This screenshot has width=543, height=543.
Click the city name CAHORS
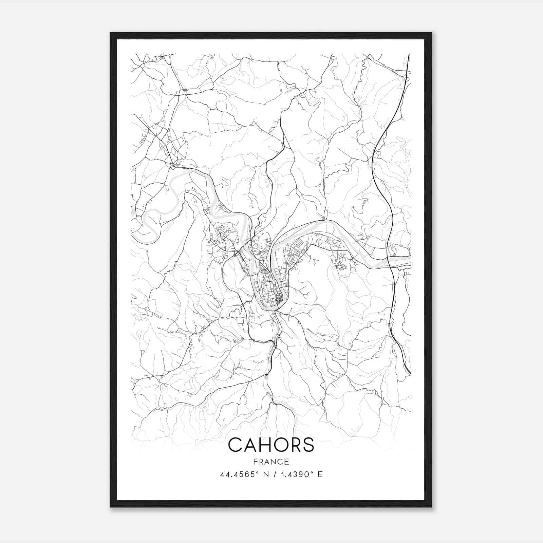271,445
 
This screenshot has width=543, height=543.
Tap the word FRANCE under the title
271,462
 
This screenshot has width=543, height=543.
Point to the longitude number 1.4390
295,474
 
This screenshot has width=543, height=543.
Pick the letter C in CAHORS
236,445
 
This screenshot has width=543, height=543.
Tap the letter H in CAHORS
269,445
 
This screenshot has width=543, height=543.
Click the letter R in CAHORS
299,445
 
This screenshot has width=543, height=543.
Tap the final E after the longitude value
320,474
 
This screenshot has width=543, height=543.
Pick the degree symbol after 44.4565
257,472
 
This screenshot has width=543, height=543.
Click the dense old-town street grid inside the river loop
270,288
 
